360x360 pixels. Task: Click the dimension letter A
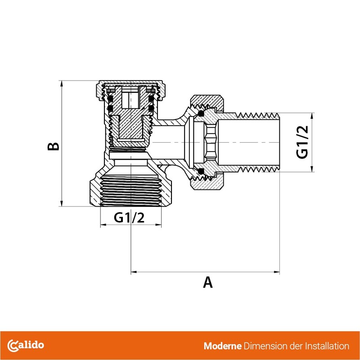point(207,282)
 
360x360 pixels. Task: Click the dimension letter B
point(54,147)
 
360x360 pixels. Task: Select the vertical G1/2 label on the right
point(302,142)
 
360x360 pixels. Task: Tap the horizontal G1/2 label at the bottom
point(129,218)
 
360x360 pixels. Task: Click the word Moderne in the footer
point(222,346)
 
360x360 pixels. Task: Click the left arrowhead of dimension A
point(133,272)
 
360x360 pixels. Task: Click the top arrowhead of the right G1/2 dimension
point(310,114)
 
